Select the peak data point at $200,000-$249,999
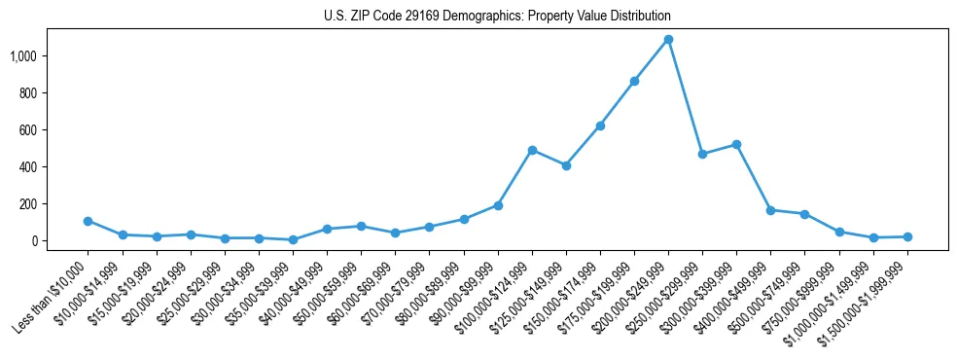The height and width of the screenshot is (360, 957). click(x=668, y=40)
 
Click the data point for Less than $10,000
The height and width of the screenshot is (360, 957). click(x=89, y=221)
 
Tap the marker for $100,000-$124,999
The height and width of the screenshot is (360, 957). click(x=532, y=150)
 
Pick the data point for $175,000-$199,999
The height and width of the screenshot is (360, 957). click(x=634, y=82)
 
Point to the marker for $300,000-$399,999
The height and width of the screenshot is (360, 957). click(x=736, y=144)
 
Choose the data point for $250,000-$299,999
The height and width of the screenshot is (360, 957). click(x=702, y=154)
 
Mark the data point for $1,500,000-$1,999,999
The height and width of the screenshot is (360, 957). click(x=907, y=236)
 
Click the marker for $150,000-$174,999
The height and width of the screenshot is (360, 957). click(x=600, y=126)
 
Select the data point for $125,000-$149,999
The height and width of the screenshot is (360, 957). click(x=566, y=165)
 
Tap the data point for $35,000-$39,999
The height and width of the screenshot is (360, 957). click(x=293, y=239)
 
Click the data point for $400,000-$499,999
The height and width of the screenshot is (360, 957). click(x=770, y=210)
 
